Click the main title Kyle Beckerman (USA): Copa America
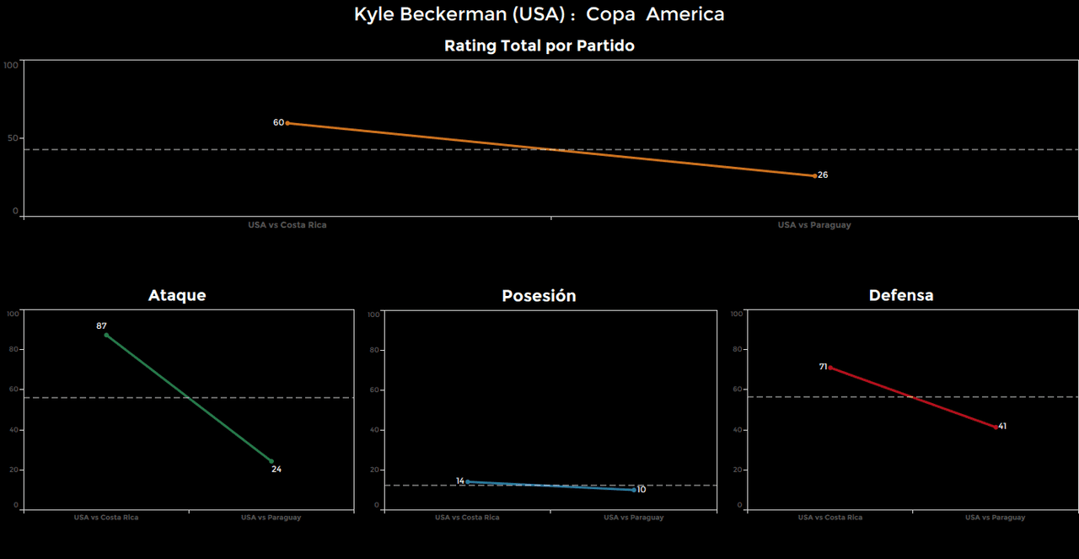point(539,14)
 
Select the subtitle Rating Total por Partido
point(539,46)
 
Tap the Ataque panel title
point(177,295)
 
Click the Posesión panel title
point(539,296)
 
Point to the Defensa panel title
point(901,295)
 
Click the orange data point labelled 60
point(287,123)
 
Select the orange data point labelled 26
point(814,175)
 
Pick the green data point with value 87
point(106,335)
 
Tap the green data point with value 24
point(271,461)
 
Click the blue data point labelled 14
point(468,481)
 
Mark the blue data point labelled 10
point(634,489)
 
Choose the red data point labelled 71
point(829,368)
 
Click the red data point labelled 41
point(996,427)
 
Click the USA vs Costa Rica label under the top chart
point(287,225)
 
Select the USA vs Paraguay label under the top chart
point(814,225)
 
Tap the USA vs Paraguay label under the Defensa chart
point(996,518)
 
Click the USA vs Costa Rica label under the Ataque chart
point(106,518)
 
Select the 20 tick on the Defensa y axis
point(738,470)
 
